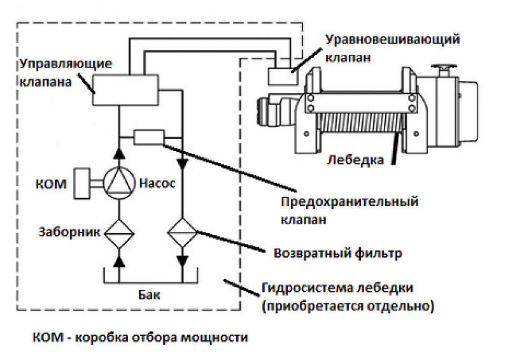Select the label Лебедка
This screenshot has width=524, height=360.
click(x=355, y=159)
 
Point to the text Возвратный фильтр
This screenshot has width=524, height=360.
click(x=337, y=253)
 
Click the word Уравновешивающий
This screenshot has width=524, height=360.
click(x=393, y=39)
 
